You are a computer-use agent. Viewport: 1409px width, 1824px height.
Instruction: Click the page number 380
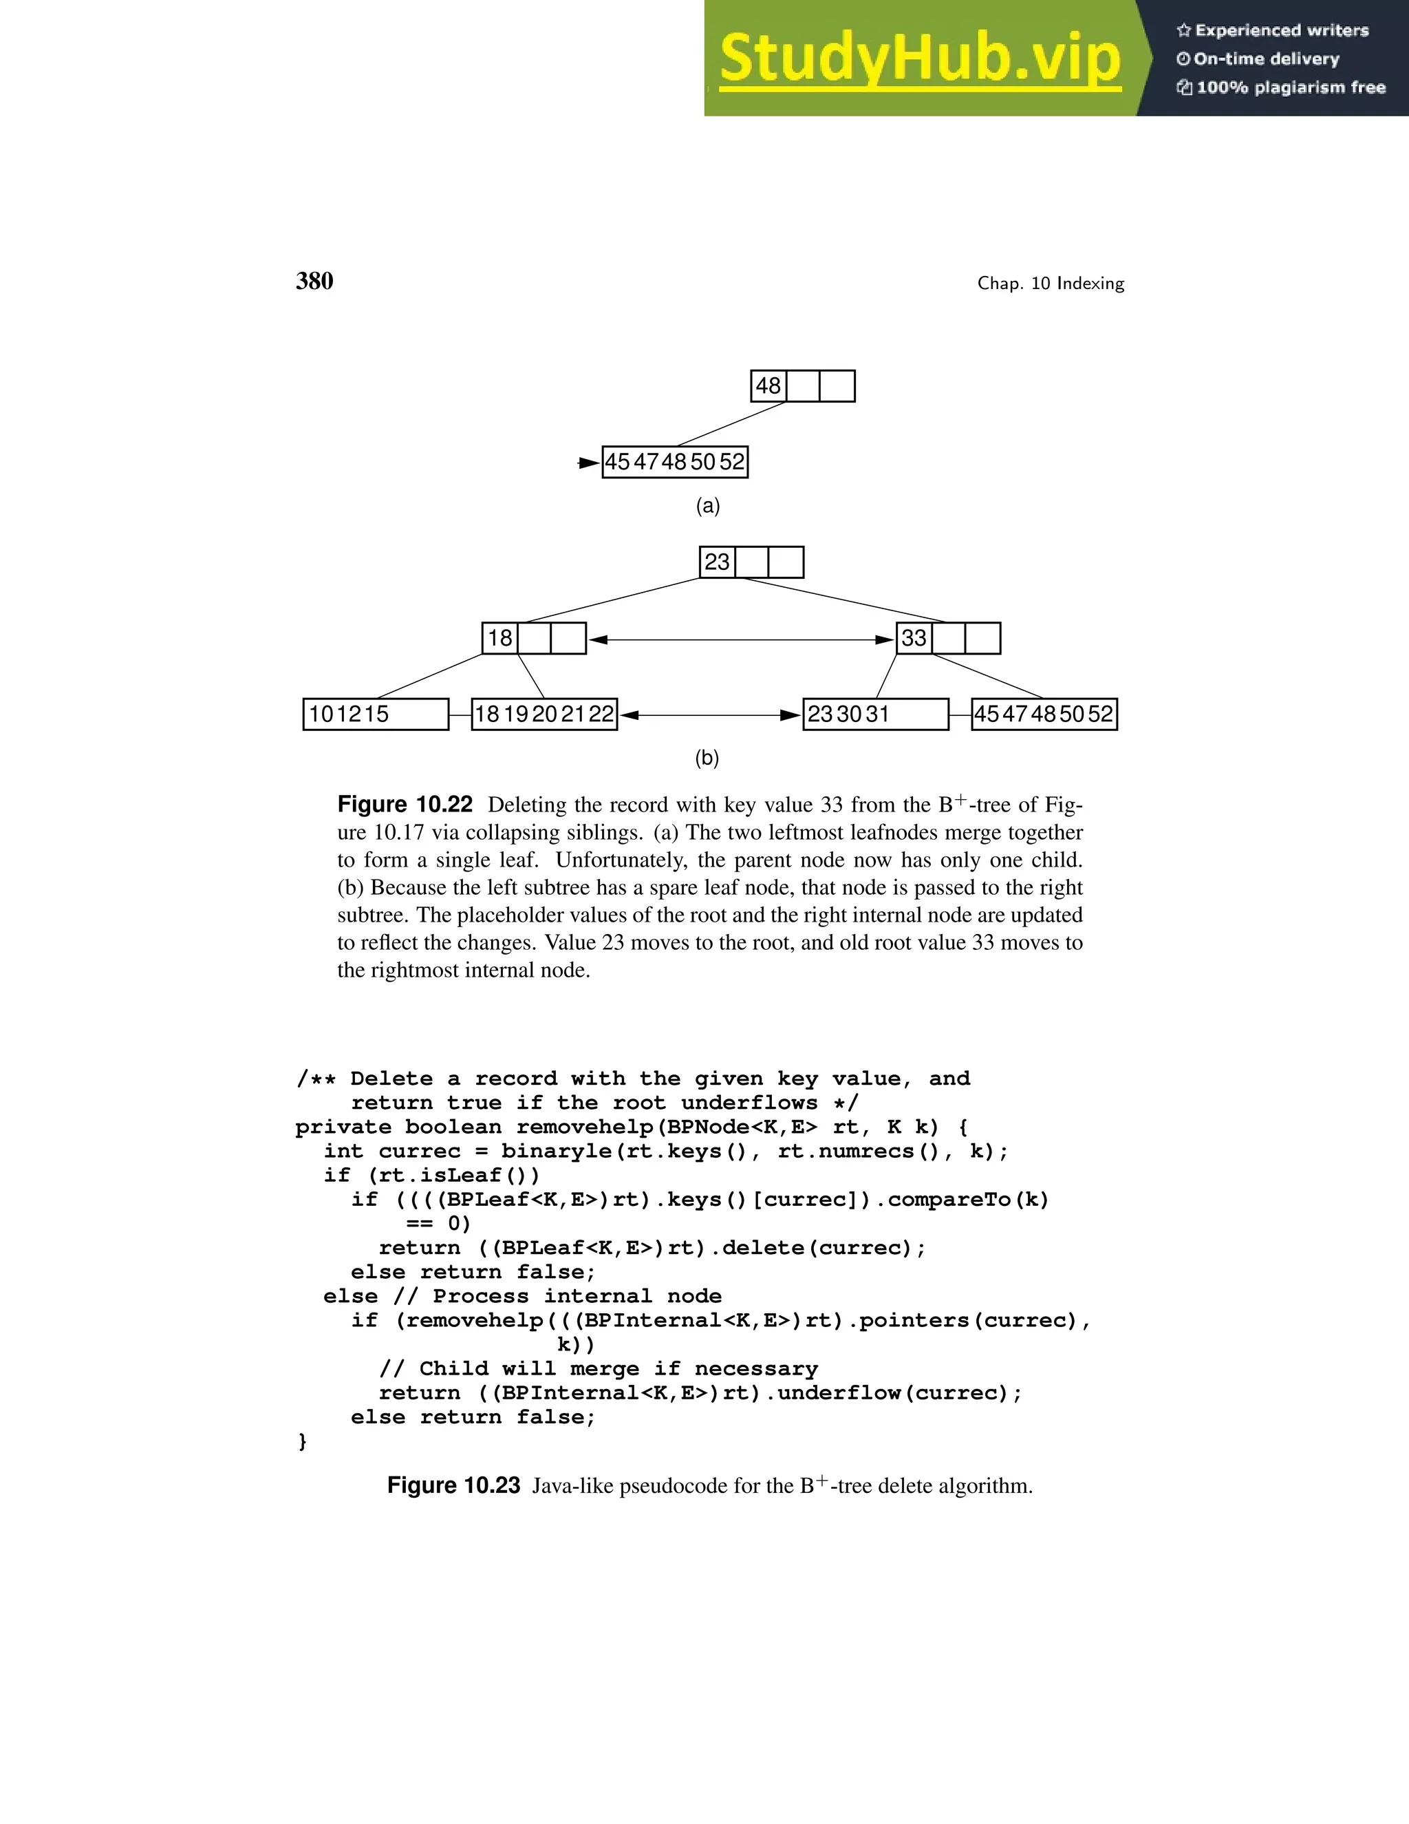pos(314,281)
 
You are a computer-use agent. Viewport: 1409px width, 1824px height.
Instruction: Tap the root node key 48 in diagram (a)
pos(768,386)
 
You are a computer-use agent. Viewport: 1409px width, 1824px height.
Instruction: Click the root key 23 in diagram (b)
pos(717,562)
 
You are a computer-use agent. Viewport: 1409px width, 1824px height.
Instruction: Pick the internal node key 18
pos(500,638)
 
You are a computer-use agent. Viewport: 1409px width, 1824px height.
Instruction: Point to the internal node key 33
pos(914,638)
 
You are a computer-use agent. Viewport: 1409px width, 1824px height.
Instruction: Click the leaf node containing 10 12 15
pos(376,714)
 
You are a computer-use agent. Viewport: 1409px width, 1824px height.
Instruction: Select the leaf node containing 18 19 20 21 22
pos(544,714)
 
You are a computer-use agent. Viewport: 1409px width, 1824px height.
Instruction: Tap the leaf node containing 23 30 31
pos(875,714)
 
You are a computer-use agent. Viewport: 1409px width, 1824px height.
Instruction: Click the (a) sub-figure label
pos(708,506)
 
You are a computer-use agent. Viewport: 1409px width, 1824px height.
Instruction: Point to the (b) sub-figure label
pos(707,759)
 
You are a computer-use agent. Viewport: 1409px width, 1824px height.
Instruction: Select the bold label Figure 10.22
pos(405,804)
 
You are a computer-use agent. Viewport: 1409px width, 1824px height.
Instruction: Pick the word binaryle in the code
pos(556,1152)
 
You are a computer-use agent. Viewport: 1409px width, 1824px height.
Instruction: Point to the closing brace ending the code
pos(302,1441)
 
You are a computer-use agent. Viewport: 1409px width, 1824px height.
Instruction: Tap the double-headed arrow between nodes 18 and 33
pos(741,639)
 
